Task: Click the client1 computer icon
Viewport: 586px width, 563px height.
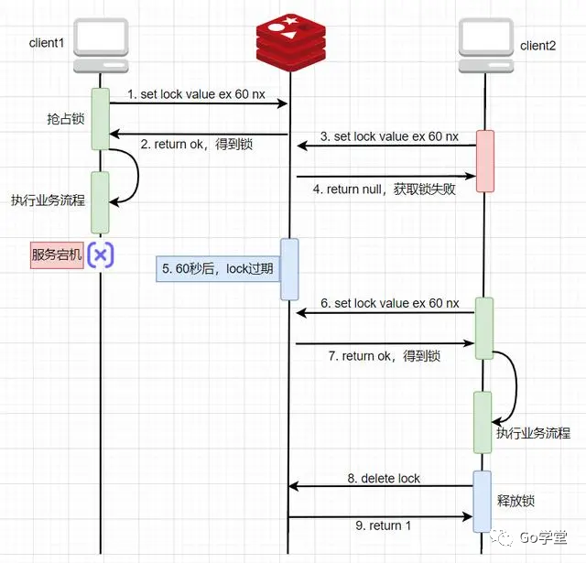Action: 100,47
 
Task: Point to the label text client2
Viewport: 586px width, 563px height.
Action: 538,45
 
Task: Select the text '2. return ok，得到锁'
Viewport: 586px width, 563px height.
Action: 197,144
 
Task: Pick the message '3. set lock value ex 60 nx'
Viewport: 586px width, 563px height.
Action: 389,136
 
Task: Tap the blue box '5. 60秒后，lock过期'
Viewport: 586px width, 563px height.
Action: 217,269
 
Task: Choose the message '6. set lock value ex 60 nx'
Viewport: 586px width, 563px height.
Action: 389,303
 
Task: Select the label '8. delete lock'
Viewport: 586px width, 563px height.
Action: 384,478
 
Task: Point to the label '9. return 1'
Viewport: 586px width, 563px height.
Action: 384,525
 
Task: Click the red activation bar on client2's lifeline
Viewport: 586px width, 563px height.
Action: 484,160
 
